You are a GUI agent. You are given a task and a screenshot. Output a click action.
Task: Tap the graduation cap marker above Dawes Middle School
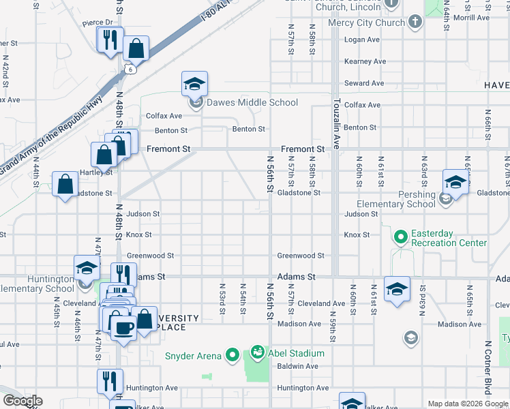click(194, 85)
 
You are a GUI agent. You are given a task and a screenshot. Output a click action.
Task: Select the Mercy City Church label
click(366, 22)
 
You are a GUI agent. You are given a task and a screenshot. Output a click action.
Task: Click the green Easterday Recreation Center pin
click(400, 237)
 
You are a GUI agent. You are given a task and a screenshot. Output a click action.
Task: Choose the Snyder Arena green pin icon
click(232, 354)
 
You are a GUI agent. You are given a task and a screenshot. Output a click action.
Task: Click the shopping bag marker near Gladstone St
click(65, 184)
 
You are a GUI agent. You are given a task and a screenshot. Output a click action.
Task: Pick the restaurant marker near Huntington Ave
click(110, 382)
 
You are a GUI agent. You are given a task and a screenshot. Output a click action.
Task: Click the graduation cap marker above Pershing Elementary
click(455, 182)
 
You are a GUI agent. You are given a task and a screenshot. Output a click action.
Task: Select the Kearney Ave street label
click(365, 61)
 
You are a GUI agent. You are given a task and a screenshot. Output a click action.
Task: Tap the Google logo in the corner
click(22, 401)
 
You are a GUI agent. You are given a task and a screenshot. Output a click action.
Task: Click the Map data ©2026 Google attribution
click(467, 404)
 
